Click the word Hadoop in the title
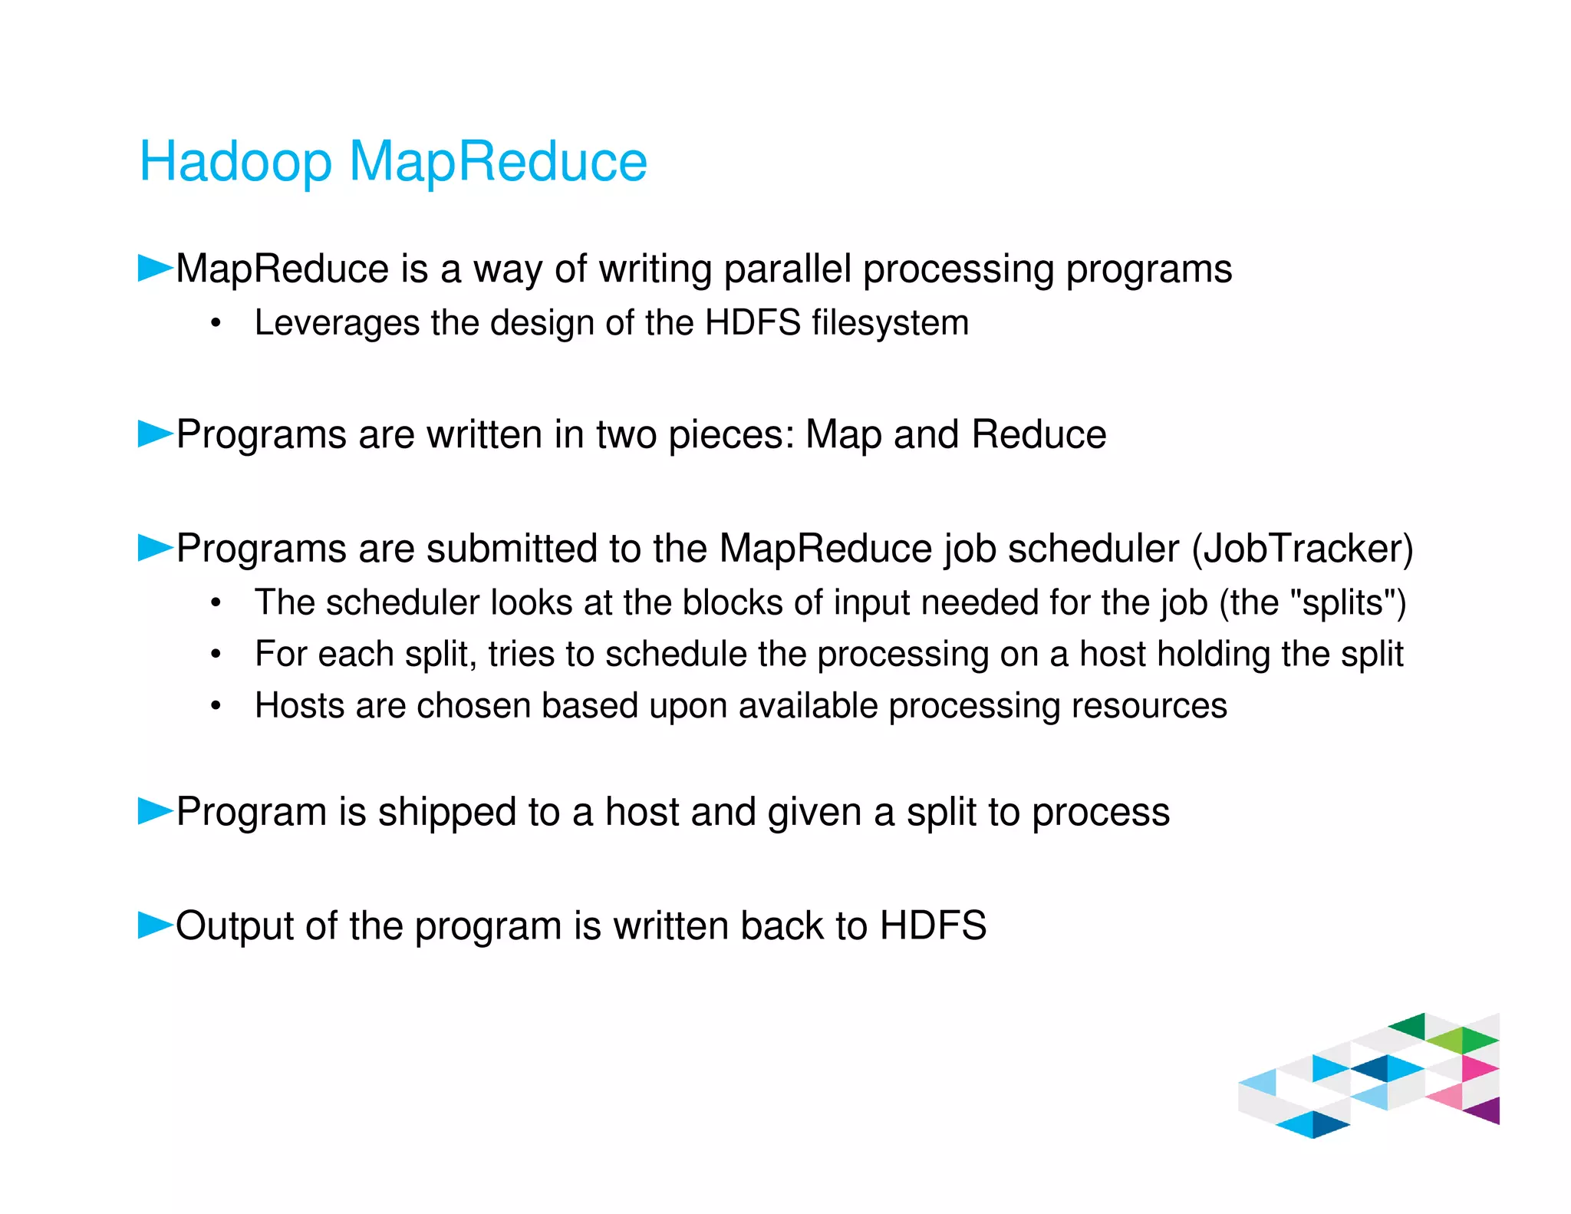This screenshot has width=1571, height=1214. coord(235,162)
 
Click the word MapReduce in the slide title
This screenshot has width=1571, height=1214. coord(498,162)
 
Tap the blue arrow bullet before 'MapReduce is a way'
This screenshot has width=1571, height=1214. coord(154,269)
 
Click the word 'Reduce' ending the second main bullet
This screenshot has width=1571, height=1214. coord(1039,434)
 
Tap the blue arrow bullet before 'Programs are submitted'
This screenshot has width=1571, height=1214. coord(154,548)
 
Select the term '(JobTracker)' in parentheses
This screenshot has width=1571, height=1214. coord(1302,548)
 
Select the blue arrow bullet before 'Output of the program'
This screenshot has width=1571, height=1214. coord(154,925)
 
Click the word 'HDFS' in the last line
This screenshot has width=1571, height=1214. coord(933,925)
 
